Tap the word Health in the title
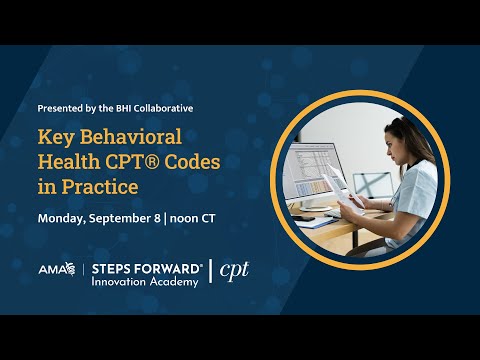71,162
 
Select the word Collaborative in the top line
166,106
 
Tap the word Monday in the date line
63,217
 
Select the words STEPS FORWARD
147,268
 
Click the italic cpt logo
234,271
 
